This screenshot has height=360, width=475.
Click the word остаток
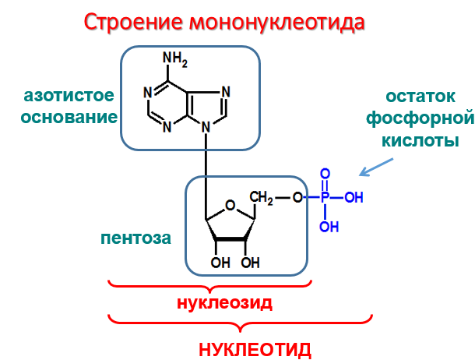click(420, 97)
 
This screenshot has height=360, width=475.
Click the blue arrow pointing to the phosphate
click(375, 167)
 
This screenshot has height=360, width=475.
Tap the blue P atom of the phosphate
click(325, 197)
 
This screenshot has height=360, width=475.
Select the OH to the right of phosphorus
click(354, 197)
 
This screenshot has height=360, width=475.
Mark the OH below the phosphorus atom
click(329, 227)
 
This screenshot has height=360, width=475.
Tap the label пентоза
click(135, 237)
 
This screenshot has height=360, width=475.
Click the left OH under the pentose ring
click(220, 262)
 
